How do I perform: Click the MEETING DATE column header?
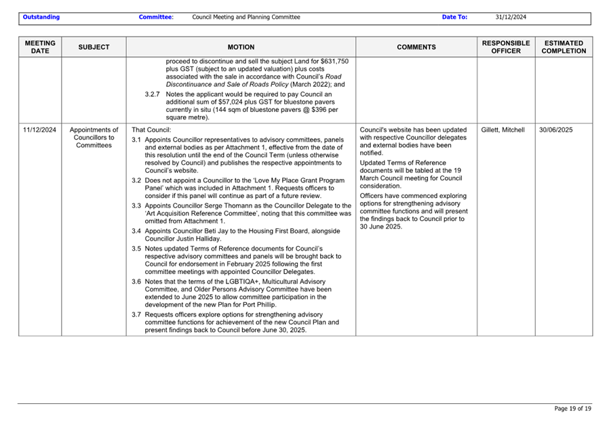click(x=40, y=47)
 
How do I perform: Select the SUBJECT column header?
click(x=94, y=47)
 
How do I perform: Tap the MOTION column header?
click(x=241, y=47)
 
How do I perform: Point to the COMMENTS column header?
click(x=416, y=47)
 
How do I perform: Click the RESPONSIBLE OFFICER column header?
click(x=506, y=47)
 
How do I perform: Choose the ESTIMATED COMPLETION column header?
click(x=564, y=47)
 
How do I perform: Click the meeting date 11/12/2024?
click(x=40, y=130)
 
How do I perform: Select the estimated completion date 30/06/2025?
click(x=556, y=130)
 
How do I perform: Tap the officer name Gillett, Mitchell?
click(x=502, y=130)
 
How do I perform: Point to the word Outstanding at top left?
click(x=41, y=17)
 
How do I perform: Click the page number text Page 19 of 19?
click(x=572, y=409)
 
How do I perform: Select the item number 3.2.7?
click(x=153, y=94)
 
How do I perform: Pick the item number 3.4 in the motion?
click(x=136, y=231)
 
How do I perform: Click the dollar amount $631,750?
click(x=333, y=61)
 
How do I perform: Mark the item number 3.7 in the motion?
click(x=136, y=315)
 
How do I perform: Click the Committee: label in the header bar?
click(x=156, y=17)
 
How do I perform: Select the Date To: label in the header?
click(x=454, y=17)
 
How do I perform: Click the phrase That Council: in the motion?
click(x=151, y=130)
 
